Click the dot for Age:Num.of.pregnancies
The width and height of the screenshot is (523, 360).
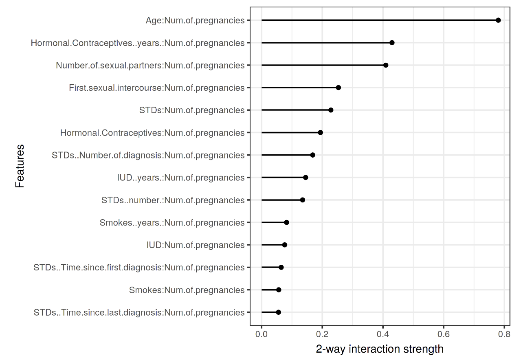click(498, 20)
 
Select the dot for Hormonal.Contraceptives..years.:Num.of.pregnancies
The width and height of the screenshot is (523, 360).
click(392, 43)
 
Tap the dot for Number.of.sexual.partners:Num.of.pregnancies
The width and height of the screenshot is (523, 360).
click(386, 65)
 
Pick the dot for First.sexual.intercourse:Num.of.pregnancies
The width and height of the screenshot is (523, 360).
click(338, 88)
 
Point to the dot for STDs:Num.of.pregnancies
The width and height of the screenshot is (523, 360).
click(331, 110)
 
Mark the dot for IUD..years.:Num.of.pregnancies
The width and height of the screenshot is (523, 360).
click(305, 178)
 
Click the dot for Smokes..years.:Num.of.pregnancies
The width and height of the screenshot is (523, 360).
click(287, 222)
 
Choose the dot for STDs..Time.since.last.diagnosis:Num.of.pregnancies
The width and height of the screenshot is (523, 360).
click(279, 312)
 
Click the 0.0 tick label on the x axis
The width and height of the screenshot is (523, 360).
click(261, 334)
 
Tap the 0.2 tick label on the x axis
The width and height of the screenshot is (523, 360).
click(322, 334)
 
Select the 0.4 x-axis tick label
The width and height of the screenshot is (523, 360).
click(383, 334)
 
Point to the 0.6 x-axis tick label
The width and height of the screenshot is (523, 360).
click(444, 334)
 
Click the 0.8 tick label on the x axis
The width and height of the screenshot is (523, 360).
click(504, 334)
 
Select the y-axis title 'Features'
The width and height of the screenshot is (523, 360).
click(20, 166)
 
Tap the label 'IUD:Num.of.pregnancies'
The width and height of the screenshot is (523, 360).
click(196, 245)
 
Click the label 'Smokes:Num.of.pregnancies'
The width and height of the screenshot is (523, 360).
click(187, 290)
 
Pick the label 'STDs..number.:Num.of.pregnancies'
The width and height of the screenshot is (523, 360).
click(173, 200)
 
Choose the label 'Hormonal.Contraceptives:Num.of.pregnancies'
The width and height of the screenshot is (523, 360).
click(152, 133)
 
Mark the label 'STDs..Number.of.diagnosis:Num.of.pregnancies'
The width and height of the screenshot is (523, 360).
click(148, 155)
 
